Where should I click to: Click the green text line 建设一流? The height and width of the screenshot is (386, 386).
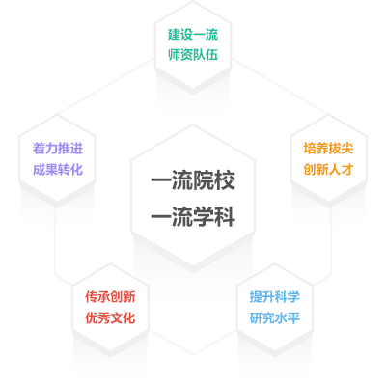click(x=193, y=35)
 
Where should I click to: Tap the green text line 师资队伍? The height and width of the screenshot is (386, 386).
click(x=193, y=54)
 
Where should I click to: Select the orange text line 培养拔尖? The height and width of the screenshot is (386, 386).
click(x=328, y=149)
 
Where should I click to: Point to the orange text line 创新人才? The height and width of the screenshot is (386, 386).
click(x=328, y=169)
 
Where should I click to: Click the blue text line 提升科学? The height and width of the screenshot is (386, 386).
click(x=275, y=296)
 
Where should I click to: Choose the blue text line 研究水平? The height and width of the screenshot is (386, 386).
click(x=275, y=317)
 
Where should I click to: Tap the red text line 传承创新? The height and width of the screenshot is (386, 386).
click(x=110, y=296)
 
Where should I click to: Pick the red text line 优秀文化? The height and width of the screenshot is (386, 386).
click(x=110, y=317)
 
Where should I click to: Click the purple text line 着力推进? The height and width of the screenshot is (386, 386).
click(x=58, y=149)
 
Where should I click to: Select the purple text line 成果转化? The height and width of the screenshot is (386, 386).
click(x=58, y=169)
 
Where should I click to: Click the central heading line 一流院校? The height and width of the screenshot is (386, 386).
click(x=193, y=180)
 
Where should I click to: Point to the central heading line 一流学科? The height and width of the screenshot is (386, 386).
click(x=193, y=216)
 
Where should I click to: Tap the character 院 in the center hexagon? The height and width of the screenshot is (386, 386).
click(x=204, y=180)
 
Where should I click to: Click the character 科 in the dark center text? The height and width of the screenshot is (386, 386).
click(x=225, y=216)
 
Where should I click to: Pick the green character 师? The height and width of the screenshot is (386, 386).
click(x=174, y=54)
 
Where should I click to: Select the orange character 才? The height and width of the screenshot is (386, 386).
click(x=347, y=169)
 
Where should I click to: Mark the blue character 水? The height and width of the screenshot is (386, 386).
click(x=281, y=317)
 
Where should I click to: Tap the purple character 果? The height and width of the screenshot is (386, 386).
click(x=51, y=169)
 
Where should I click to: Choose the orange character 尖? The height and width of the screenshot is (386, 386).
click(x=347, y=149)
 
